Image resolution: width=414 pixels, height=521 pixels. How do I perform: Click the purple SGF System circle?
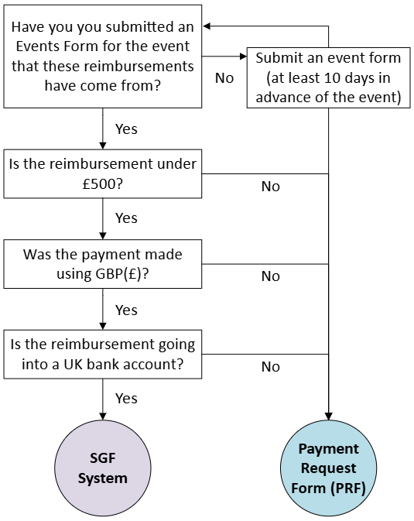pos(103,468)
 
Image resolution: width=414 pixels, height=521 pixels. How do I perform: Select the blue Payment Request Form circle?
pos(329,468)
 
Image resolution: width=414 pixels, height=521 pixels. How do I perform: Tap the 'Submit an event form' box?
pos(329,77)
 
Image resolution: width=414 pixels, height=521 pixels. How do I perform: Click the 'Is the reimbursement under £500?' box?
pos(103,173)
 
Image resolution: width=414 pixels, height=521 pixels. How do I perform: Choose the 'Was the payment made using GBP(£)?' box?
pos(103,264)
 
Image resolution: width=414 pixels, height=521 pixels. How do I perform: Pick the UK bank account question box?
pos(103,355)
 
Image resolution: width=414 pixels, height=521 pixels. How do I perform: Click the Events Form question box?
pos(103,57)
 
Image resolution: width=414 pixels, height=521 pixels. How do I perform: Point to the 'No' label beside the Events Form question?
pos(224,78)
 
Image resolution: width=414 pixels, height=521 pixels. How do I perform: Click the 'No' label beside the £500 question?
pos(271,187)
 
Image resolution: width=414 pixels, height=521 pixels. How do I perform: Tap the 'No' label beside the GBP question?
pos(271,276)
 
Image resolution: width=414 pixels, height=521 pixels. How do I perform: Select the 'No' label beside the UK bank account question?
pos(271,367)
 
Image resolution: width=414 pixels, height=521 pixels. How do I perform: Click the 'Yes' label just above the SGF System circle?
pos(126,399)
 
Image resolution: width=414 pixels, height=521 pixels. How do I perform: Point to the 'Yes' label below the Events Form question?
pos(126,129)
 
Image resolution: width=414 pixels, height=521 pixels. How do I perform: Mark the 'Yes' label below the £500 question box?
pos(126,218)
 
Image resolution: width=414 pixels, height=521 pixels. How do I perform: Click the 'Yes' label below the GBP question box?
pos(126,310)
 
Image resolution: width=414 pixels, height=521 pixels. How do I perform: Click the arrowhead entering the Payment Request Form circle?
pos(329,416)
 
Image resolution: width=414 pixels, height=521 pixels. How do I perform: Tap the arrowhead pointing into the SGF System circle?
pos(103,416)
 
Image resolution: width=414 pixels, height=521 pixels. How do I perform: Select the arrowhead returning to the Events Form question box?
pos(207,26)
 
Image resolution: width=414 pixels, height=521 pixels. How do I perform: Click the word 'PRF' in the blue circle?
pos(348,488)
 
